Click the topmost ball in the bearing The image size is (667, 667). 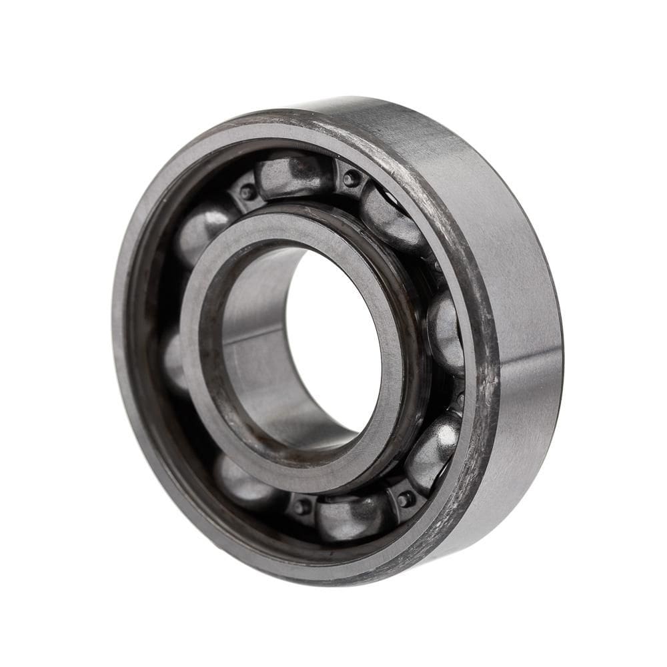click(293, 175)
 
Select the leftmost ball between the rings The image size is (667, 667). click(175, 360)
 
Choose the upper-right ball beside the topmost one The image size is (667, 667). click(392, 217)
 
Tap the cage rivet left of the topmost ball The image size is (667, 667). click(248, 192)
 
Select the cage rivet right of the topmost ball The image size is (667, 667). click(352, 178)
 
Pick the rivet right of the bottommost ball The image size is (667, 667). click(405, 498)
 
